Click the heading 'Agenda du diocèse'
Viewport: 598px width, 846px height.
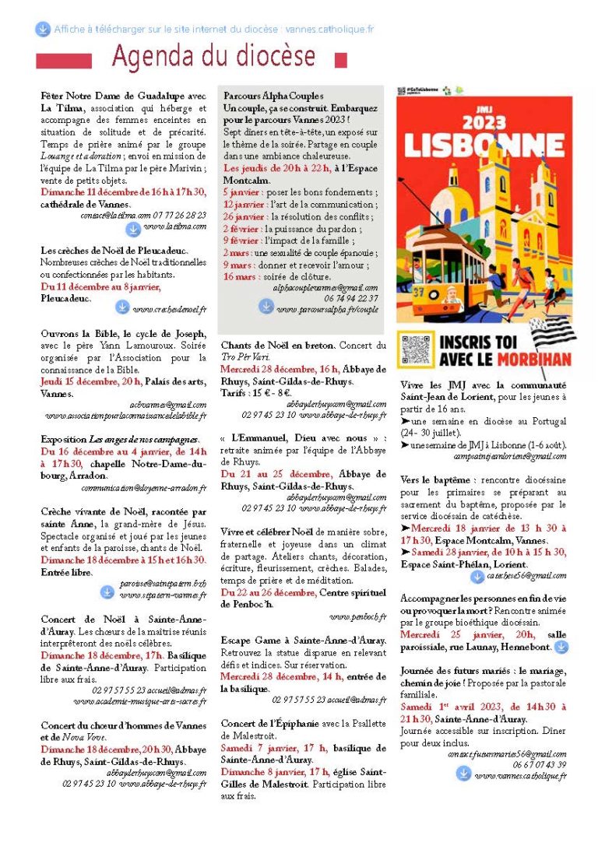coord(214,56)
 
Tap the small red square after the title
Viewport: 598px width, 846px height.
coord(339,59)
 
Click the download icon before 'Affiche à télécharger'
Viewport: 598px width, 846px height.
coord(43,30)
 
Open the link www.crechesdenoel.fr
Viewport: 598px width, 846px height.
coord(170,310)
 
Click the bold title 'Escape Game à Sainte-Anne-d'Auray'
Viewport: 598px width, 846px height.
coord(304,642)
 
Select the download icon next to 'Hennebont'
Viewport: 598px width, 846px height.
coord(561,647)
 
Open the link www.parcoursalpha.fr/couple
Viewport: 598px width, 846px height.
coord(327,309)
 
